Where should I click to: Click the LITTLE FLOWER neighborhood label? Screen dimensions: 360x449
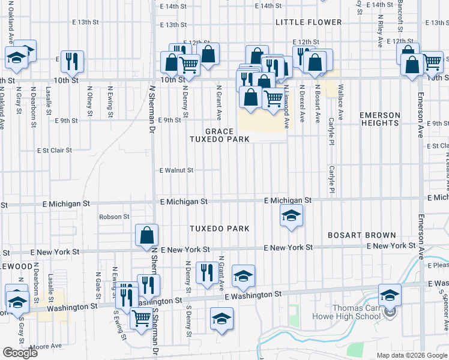coord(308,22)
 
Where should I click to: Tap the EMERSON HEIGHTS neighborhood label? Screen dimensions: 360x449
coord(379,119)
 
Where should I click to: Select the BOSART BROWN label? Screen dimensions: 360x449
coord(361,235)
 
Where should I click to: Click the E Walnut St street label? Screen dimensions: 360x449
coord(176,170)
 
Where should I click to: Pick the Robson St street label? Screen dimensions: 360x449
coord(114,216)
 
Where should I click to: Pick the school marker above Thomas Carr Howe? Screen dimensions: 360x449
coord(390,294)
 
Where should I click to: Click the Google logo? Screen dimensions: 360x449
coord(20,353)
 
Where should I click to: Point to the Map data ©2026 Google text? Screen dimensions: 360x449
coord(412,355)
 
